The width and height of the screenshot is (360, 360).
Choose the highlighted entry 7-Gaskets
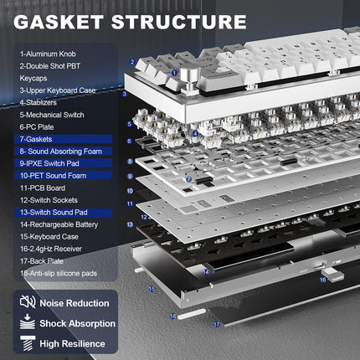38,140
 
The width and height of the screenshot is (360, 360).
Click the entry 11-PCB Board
43,189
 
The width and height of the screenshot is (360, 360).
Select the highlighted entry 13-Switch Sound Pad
55,213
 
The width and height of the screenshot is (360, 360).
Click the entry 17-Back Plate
43,261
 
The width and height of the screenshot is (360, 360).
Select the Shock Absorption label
76,323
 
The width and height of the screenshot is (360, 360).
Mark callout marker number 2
132,62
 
